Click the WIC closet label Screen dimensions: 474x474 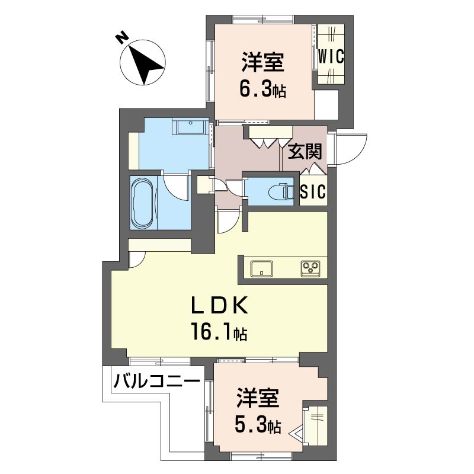click(331, 56)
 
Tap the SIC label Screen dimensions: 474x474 click(313, 191)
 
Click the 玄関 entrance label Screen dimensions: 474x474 click(305, 152)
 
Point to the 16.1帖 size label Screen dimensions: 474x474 click(219, 332)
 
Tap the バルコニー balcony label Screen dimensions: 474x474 click(156, 380)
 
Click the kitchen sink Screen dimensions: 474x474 click(262, 268)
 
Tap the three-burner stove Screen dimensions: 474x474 click(310, 268)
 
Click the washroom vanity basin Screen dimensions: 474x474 click(190, 127)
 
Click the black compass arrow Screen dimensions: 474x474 click(146, 65)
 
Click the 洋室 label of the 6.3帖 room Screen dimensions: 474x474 click(262, 62)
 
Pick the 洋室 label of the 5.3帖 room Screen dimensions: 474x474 click(258, 398)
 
